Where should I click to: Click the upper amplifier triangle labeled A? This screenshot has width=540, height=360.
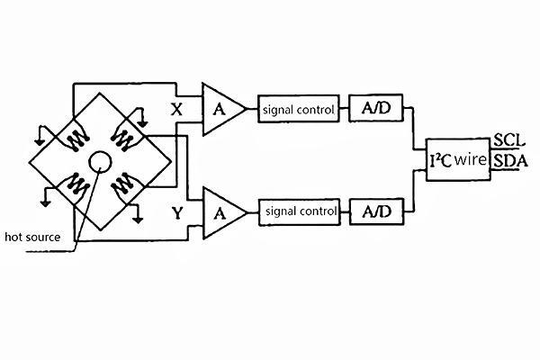coord(220,110)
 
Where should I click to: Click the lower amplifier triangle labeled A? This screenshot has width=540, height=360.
coord(220,212)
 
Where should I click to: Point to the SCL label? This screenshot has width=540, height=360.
coord(505,141)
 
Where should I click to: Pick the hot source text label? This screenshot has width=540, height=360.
coord(32,237)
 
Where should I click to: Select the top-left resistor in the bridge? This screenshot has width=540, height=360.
coord(73,138)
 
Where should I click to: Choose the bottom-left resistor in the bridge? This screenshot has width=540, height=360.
coord(73,186)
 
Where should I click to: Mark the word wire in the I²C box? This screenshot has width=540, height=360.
coord(471,160)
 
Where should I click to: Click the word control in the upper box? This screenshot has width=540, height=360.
coord(317,110)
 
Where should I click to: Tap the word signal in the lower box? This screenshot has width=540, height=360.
coord(280,212)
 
